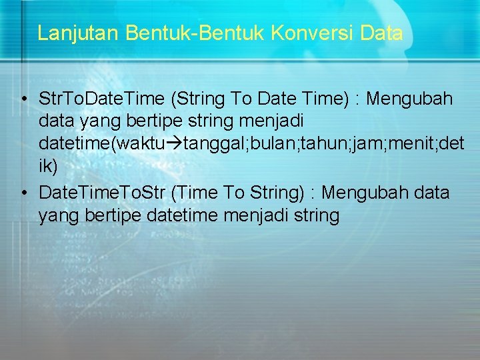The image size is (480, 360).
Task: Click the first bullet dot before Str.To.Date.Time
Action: [x=23, y=100]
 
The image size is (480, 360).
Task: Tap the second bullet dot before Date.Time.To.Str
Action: [x=23, y=193]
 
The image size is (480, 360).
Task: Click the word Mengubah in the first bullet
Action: [x=410, y=99]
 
